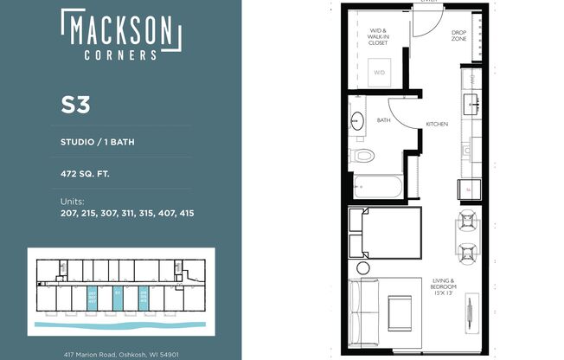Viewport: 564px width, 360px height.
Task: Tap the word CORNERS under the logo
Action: click(x=121, y=55)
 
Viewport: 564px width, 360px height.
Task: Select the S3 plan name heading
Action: click(x=76, y=105)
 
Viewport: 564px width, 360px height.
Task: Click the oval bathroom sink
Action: click(x=358, y=120)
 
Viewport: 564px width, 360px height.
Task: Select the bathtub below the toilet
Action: click(x=377, y=186)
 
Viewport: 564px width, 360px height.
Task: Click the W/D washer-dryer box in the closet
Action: click(x=380, y=73)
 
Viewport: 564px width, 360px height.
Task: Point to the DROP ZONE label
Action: click(x=459, y=35)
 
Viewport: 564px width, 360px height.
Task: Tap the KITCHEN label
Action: click(x=437, y=125)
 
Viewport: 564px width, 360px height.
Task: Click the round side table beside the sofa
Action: click(x=363, y=268)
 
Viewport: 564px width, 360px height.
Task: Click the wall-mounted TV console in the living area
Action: click(x=471, y=309)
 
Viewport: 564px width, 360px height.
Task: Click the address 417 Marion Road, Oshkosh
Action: click(x=121, y=354)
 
